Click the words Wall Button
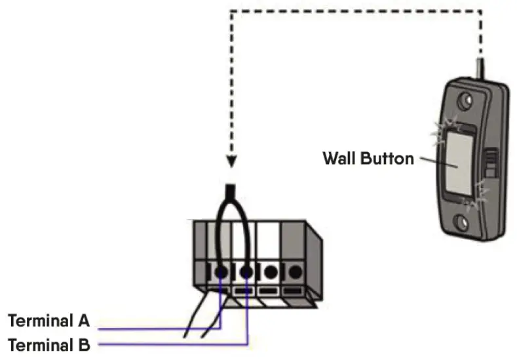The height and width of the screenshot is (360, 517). (368, 159)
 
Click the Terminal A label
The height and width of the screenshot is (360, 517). (48, 321)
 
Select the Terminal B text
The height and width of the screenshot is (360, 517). (48, 344)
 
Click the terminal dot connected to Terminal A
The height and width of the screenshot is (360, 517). (221, 271)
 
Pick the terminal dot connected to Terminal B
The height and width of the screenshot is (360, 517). (247, 271)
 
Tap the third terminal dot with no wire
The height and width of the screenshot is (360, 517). (270, 271)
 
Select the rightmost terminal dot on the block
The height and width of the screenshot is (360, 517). (295, 271)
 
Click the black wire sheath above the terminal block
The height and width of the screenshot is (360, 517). (231, 193)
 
